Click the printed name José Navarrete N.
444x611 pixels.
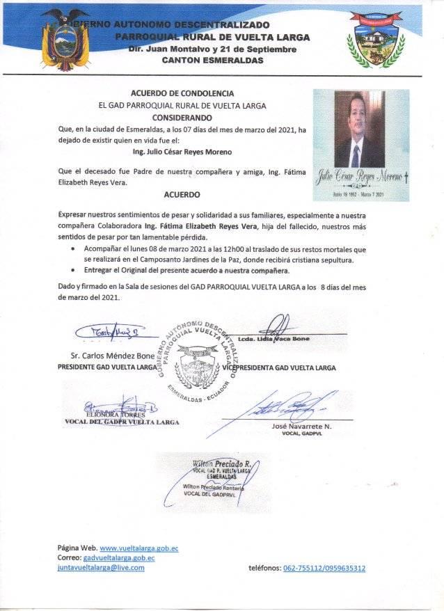287,425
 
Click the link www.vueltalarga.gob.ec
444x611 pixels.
135,548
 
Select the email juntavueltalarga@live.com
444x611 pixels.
101,567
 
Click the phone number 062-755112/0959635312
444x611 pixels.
324,568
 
